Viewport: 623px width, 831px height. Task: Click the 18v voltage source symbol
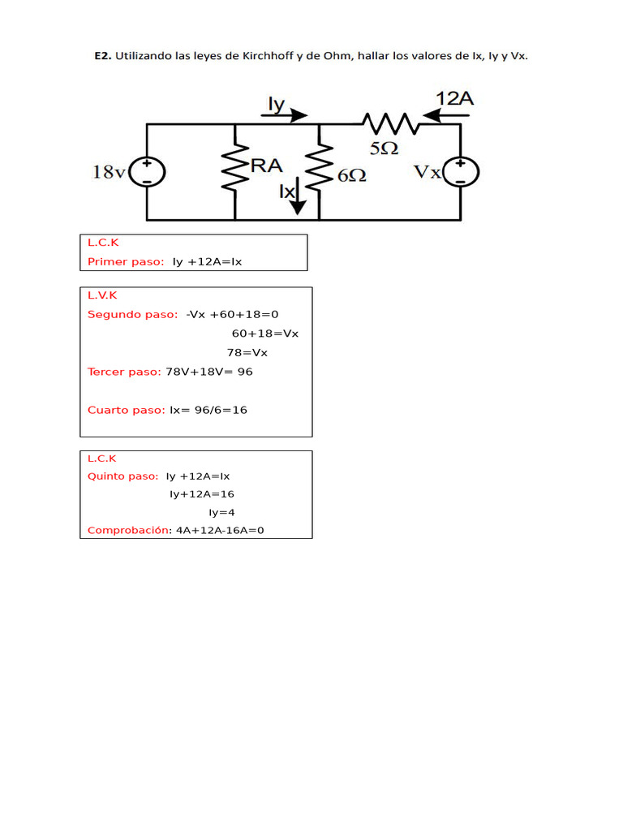[148, 172]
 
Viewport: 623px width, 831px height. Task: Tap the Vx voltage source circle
[461, 172]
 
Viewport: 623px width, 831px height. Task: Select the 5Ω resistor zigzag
[391, 123]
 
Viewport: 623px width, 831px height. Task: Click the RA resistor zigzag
[235, 166]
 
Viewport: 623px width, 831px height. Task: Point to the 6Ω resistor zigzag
[319, 166]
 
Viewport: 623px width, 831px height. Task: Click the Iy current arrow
[285, 115]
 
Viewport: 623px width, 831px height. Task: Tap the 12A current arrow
[446, 115]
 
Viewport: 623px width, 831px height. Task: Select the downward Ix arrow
[298, 196]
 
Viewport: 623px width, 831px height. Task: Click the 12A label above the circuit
[454, 98]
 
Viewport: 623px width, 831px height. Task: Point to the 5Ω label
[384, 149]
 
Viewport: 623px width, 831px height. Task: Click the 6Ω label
[352, 175]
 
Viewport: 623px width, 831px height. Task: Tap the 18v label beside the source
[110, 172]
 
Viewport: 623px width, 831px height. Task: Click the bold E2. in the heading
[103, 56]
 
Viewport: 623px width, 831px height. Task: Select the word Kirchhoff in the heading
[268, 56]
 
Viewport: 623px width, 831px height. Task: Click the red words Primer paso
[126, 262]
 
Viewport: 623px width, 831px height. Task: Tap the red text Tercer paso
[124, 372]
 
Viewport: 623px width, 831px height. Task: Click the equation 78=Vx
[247, 353]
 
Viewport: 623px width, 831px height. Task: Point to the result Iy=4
[221, 513]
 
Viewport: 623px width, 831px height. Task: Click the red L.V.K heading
[102, 295]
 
